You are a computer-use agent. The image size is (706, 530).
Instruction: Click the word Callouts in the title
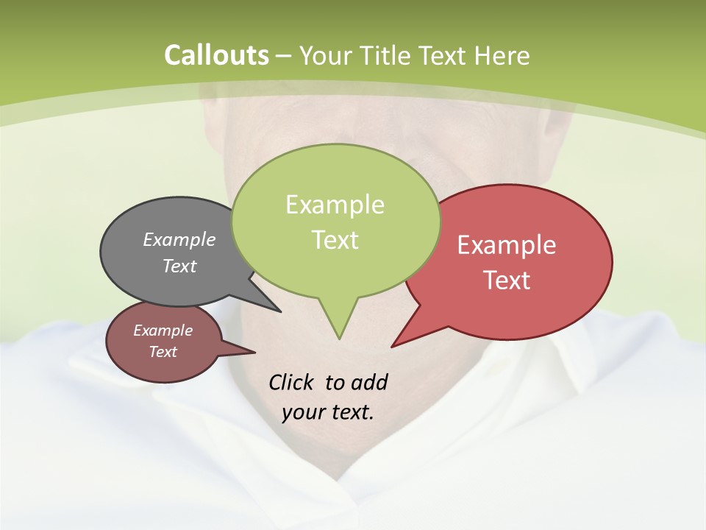pyautogui.click(x=216, y=55)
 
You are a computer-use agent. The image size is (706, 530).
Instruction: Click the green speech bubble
pyautogui.click(x=335, y=221)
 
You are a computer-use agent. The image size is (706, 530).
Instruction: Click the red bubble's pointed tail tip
pyautogui.click(x=393, y=346)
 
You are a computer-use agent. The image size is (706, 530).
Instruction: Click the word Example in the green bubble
pyautogui.click(x=335, y=205)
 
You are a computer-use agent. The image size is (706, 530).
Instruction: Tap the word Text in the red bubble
pyautogui.click(x=507, y=280)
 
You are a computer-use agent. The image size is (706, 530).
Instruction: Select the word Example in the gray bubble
pyautogui.click(x=179, y=239)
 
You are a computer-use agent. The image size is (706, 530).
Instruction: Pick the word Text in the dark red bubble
pyautogui.click(x=163, y=352)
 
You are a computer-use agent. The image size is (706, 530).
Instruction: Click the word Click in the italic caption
pyautogui.click(x=291, y=382)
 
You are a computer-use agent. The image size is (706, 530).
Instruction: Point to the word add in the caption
pyautogui.click(x=368, y=382)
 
